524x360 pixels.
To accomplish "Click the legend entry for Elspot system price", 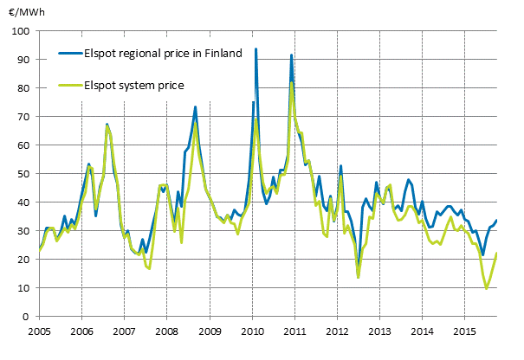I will (135, 85).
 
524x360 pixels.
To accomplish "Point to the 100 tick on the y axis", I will (21, 31).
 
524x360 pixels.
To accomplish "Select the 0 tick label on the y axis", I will (26, 317).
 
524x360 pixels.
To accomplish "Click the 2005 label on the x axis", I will (39, 331).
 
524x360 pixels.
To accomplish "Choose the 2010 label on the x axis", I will (251, 331).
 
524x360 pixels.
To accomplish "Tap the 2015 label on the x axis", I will (464, 331).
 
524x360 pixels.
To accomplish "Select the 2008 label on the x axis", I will (166, 331).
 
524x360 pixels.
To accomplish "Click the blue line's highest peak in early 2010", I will (256, 49).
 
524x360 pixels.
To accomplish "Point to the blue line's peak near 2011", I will (291, 55).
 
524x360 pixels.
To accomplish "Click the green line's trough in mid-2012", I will (358, 277).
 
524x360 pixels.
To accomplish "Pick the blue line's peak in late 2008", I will (196, 107).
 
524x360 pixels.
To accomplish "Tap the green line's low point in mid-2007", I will (149, 268).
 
